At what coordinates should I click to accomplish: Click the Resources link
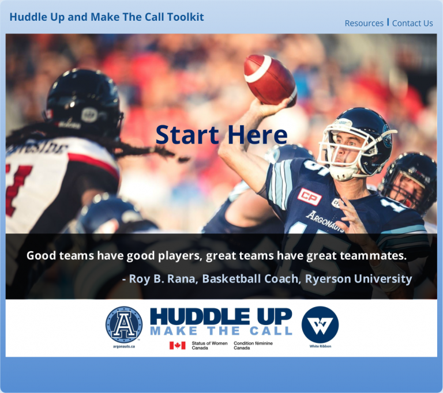tap(364, 23)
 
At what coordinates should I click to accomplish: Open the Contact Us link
tap(412, 23)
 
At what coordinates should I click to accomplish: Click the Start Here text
tap(221, 135)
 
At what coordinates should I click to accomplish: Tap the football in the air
tap(270, 80)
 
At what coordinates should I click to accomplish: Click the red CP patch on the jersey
tap(309, 197)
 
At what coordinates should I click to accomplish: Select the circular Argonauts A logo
tap(124, 324)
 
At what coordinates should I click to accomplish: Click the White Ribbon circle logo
tap(320, 324)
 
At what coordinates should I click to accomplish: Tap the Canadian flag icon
tap(178, 345)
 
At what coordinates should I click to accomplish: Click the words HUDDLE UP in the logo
tap(221, 316)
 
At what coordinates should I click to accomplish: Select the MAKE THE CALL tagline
tap(221, 331)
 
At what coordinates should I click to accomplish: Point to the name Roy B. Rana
tap(162, 279)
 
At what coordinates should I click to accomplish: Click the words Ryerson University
tap(358, 279)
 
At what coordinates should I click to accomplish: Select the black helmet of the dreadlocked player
tap(84, 100)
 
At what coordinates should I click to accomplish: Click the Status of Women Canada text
tap(209, 346)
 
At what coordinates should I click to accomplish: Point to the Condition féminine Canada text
tap(253, 346)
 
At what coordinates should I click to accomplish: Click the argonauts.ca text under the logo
tap(124, 346)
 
